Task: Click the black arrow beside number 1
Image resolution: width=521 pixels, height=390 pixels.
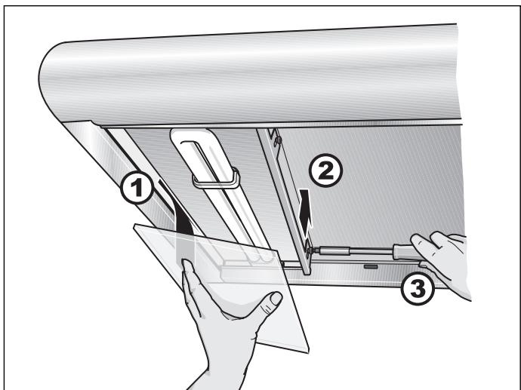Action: (180, 219)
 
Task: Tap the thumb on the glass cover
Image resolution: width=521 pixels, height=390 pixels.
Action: (269, 303)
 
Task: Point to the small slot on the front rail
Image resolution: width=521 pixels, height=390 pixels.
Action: (370, 266)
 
